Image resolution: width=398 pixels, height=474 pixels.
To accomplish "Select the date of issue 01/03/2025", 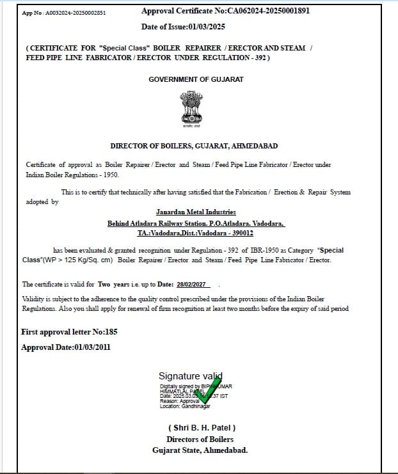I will pyautogui.click(x=207, y=26).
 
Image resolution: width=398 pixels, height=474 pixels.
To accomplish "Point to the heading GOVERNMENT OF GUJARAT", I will pyautogui.click(x=196, y=79).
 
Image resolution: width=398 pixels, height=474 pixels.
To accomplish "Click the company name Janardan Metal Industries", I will pyautogui.click(x=196, y=212).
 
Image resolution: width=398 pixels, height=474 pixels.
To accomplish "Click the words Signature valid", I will pyautogui.click(x=190, y=376).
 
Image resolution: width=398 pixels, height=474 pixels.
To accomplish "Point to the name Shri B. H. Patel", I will pyautogui.click(x=202, y=427).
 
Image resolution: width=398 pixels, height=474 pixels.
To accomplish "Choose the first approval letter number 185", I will pyautogui.click(x=110, y=332).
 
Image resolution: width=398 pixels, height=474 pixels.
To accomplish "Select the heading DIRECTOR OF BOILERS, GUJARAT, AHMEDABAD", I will pyautogui.click(x=194, y=146).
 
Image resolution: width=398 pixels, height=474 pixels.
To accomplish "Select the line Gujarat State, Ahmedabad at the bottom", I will pyautogui.click(x=200, y=450).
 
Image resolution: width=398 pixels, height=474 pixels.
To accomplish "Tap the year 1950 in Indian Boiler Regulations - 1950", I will pyautogui.click(x=109, y=174).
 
